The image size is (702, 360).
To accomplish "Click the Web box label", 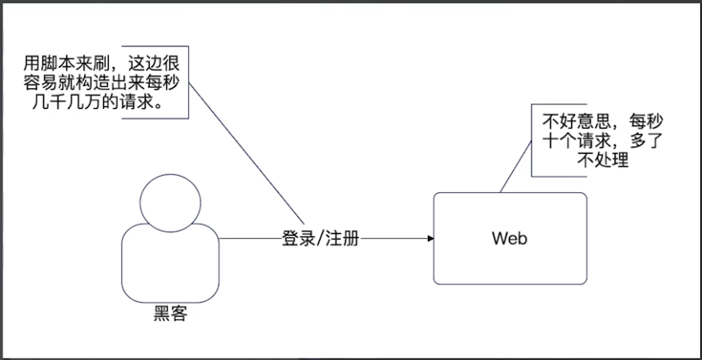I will tap(510, 239).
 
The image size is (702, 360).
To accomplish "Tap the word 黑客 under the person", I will tap(171, 313).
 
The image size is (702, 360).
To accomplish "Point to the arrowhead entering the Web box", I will tap(429, 239).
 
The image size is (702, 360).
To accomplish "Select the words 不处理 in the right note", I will tap(603, 161).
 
